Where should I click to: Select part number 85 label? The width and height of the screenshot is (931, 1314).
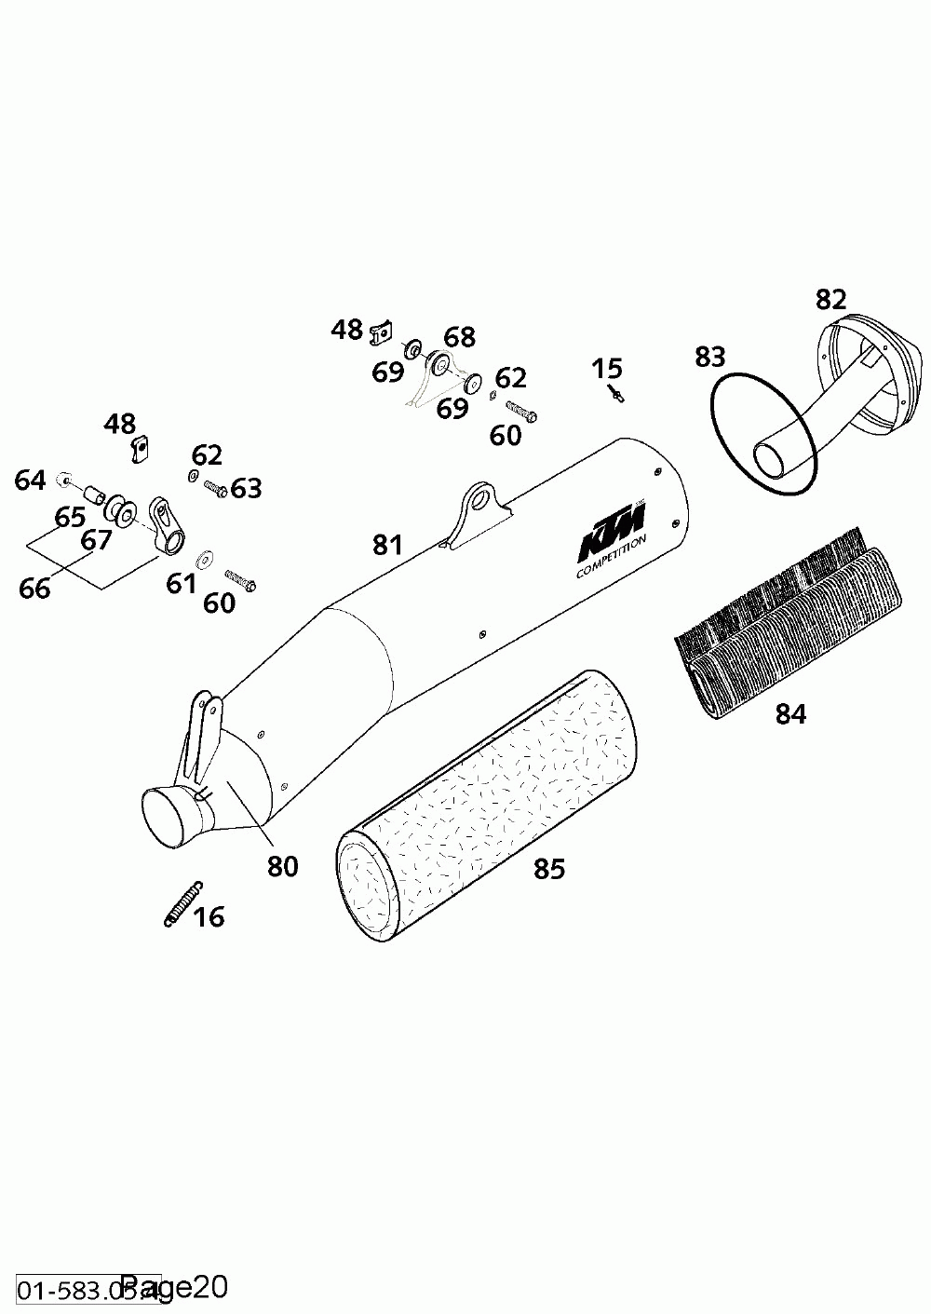point(549,869)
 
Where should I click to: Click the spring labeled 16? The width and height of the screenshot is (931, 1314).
point(182,903)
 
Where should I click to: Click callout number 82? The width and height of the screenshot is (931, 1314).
point(830,300)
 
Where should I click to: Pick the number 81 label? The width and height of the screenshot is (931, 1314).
point(387,545)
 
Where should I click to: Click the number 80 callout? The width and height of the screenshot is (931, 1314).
point(282,866)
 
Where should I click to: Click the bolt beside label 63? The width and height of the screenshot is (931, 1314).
point(215,488)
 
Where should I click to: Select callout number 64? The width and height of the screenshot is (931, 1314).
point(30,481)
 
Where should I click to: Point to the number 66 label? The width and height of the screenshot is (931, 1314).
point(34,589)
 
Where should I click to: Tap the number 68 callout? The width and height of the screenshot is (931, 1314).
point(459,337)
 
